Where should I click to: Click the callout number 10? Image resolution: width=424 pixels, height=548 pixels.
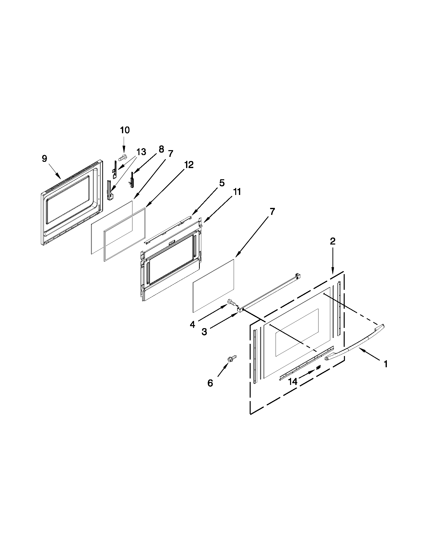(125, 130)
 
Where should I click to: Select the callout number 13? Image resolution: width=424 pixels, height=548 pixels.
(141, 152)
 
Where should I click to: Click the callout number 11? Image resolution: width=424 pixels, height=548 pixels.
(236, 192)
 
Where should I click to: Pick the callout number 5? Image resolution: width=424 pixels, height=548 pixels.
(222, 183)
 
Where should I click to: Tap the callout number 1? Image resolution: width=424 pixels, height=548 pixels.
(385, 364)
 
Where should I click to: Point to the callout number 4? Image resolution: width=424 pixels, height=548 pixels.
(192, 325)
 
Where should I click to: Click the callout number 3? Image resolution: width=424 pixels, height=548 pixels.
(204, 332)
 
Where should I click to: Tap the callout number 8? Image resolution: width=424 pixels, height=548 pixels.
(161, 149)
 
